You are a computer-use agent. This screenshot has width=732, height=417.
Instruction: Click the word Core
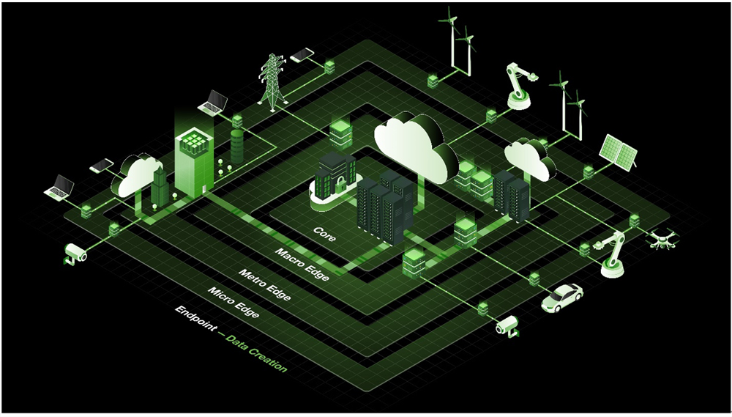click(324, 234)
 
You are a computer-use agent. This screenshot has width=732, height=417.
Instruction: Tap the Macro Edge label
click(302, 265)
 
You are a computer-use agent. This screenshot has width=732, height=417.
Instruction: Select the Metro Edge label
click(265, 285)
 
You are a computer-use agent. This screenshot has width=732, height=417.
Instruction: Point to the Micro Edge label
click(233, 303)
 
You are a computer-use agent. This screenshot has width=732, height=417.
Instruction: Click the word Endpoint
click(195, 319)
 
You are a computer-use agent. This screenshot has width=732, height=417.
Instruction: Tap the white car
click(562, 298)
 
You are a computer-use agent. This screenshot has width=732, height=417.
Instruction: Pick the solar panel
click(618, 152)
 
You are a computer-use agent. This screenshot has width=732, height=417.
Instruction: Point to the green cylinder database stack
click(237, 147)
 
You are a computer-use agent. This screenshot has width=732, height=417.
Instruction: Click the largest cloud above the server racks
click(414, 145)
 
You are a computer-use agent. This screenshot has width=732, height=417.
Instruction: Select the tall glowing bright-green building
click(194, 163)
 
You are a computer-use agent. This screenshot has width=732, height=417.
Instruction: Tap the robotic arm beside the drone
click(611, 254)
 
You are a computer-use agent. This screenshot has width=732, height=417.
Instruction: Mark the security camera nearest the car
click(507, 325)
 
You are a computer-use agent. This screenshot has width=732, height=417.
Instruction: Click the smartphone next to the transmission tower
click(302, 55)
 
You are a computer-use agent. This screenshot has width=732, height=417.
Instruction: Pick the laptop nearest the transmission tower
click(213, 103)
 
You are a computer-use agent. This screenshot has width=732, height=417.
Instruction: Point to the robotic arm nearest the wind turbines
click(520, 86)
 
